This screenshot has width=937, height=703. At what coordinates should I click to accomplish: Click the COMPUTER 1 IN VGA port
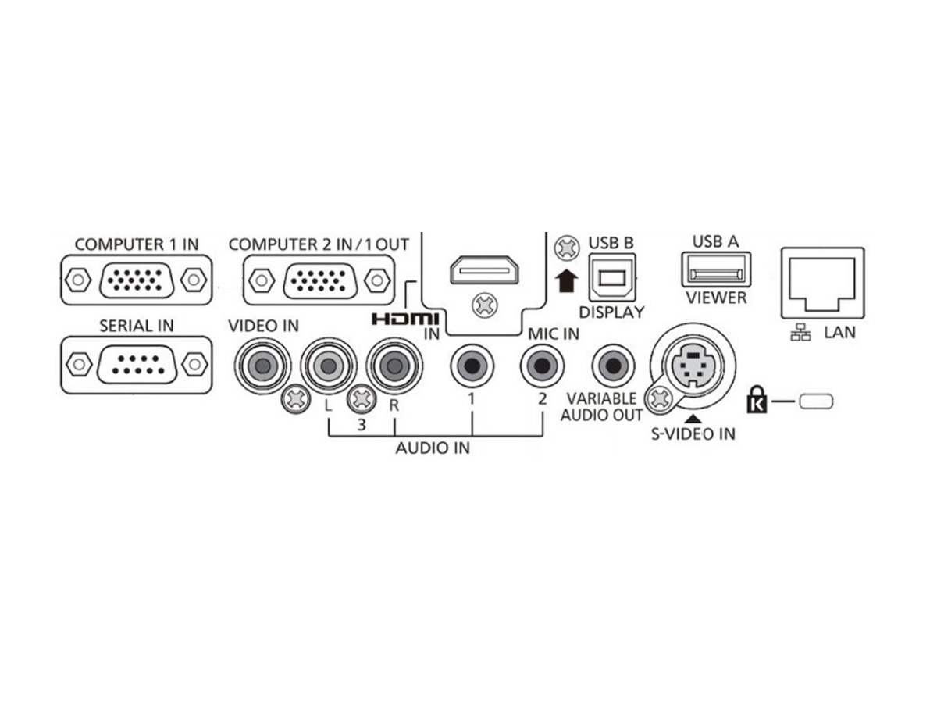136,280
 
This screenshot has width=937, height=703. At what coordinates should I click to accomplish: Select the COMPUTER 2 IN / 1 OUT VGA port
319,280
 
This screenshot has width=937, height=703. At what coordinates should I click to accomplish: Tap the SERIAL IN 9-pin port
136,365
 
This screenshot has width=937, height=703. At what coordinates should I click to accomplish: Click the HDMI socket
485,269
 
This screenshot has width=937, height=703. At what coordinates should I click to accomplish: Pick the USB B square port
612,278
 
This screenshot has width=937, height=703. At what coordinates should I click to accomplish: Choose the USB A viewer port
716,269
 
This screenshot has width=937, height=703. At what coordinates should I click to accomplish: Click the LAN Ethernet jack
822,283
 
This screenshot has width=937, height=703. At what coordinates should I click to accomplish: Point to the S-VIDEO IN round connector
693,366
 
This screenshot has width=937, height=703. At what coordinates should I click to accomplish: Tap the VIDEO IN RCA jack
262,366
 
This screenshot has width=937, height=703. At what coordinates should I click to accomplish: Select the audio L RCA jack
328,366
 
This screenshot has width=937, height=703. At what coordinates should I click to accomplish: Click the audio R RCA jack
394,366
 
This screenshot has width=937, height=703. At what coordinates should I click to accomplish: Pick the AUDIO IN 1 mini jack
472,366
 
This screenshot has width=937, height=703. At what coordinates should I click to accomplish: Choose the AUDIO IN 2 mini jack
542,366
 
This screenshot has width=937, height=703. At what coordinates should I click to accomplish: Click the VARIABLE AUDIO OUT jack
614,366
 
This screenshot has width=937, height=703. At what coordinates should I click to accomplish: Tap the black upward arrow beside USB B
566,281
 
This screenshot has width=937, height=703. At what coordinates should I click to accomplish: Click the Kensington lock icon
757,399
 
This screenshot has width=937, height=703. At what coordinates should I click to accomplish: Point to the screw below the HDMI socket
485,305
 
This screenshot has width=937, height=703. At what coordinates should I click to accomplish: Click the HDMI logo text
405,319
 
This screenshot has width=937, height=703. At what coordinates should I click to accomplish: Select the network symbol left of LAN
800,332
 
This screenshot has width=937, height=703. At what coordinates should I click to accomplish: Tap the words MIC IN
554,334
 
